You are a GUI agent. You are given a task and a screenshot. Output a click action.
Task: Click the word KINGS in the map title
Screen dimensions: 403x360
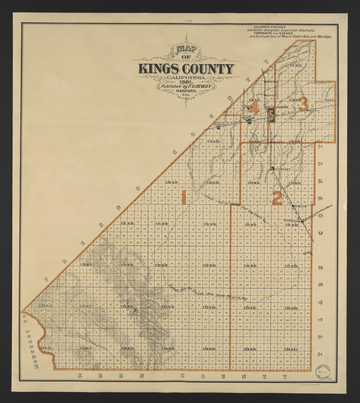158,69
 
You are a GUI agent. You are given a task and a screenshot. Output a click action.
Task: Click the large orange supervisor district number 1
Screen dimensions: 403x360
184,197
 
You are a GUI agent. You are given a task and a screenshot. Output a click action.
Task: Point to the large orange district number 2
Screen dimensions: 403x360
277,197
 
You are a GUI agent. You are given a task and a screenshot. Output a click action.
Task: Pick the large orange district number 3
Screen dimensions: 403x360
304,104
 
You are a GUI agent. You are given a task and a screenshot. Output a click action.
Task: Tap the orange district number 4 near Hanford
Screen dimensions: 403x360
255,108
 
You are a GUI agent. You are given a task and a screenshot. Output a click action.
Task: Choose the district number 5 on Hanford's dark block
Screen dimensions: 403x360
271,115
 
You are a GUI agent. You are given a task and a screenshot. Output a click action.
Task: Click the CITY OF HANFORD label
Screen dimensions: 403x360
277,107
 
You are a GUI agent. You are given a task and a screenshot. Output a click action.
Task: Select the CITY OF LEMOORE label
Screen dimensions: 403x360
217,125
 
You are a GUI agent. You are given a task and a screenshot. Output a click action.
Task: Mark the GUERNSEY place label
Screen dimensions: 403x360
283,169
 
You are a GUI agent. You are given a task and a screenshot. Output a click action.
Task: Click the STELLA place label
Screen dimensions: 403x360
300,206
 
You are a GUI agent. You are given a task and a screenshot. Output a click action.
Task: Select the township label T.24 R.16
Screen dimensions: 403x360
45,348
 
